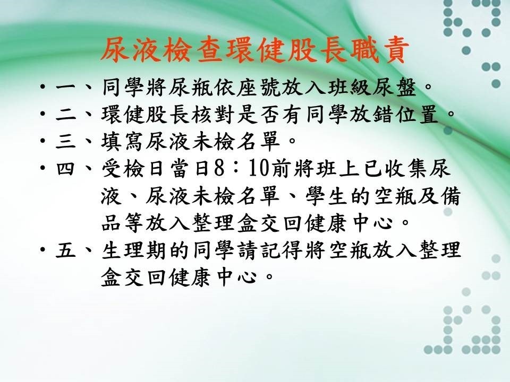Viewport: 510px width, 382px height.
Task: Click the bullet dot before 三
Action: [x=43, y=142]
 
